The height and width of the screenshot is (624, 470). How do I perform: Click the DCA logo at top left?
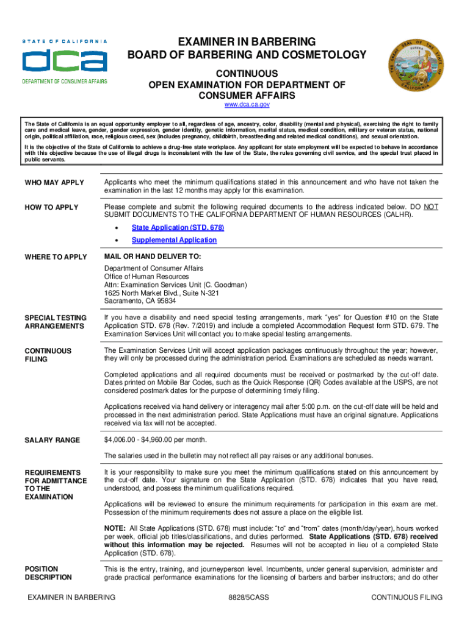click(x=65, y=62)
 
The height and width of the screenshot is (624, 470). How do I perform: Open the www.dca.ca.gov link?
click(x=247, y=105)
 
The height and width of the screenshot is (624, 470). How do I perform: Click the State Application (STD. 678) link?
click(x=178, y=227)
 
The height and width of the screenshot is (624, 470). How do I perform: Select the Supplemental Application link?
click(x=174, y=240)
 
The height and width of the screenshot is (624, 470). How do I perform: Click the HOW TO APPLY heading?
click(x=51, y=208)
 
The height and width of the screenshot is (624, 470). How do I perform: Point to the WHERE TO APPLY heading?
click(x=56, y=257)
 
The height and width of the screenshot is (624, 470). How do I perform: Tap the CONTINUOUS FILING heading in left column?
click(x=48, y=355)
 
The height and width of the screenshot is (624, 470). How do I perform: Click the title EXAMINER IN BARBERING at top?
click(x=247, y=42)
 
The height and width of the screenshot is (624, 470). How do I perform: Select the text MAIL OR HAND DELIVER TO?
click(x=152, y=257)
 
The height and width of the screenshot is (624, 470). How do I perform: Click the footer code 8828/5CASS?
click(x=246, y=598)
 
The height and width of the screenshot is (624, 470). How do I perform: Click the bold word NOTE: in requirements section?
click(x=115, y=528)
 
